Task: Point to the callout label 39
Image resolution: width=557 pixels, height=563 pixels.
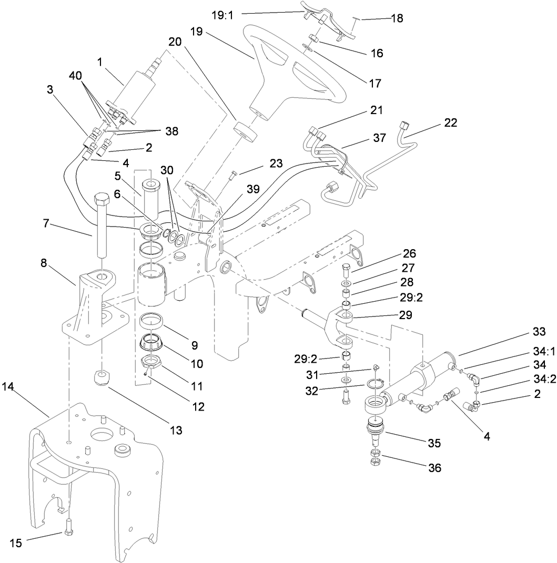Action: point(253,189)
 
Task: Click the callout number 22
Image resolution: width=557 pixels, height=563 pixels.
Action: point(451,122)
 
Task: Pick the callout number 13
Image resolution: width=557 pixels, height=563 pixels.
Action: point(175,430)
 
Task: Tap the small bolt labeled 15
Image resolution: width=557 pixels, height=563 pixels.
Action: point(68,532)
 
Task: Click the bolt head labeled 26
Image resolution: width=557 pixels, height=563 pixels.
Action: point(346,270)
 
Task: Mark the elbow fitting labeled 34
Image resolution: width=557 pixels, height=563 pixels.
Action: point(475,380)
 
